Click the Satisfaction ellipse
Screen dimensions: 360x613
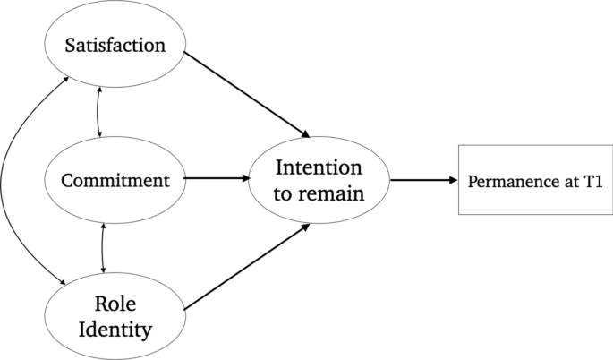[x=115, y=45]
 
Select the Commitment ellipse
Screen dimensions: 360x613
[x=115, y=179]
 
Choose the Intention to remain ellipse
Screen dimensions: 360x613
[x=319, y=179]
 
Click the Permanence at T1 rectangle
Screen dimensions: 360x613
[x=535, y=179]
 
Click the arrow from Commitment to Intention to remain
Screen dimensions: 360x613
[x=217, y=178]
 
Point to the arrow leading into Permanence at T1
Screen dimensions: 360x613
[x=422, y=179]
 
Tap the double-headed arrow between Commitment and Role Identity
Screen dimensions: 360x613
[x=104, y=248]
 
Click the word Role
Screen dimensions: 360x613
[x=115, y=304]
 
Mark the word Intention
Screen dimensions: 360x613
[x=319, y=167]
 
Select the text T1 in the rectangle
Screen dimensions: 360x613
[x=592, y=180]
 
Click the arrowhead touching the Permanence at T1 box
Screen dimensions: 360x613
[x=452, y=179]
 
